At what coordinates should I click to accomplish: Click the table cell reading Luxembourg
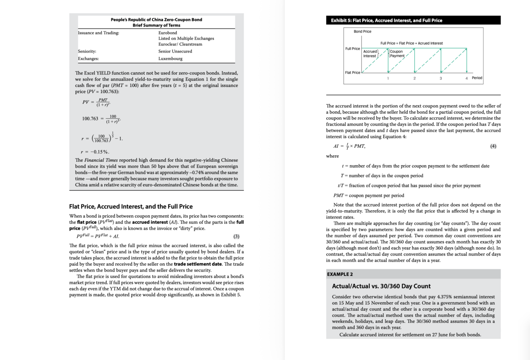pyautogui.click(x=170, y=59)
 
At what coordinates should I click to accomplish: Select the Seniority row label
pyautogui.click(x=87, y=51)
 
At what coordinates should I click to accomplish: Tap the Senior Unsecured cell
pyautogui.click(x=175, y=51)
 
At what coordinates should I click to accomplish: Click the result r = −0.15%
pyautogui.click(x=95, y=152)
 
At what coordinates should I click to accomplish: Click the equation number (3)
pyautogui.click(x=236, y=237)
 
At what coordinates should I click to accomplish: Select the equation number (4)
pyautogui.click(x=493, y=146)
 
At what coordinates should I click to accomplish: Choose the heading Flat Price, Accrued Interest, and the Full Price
pyautogui.click(x=131, y=206)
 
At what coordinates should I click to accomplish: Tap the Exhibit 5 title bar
pyautogui.click(x=413, y=20)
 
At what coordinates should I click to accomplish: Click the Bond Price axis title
pyautogui.click(x=362, y=31)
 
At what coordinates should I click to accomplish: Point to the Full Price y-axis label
pyautogui.click(x=352, y=49)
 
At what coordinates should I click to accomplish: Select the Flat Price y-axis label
pyautogui.click(x=352, y=73)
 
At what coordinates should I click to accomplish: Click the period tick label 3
pyautogui.click(x=441, y=78)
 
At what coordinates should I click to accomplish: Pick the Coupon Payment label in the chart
pyautogui.click(x=396, y=54)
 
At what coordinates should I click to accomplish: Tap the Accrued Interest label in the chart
pyautogui.click(x=370, y=54)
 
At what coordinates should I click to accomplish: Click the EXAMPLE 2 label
pyautogui.click(x=340, y=274)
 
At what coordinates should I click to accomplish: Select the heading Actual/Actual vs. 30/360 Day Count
pyautogui.click(x=381, y=286)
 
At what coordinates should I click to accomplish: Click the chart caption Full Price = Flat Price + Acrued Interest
pyautogui.click(x=411, y=43)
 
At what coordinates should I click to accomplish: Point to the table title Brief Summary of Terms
pyautogui.click(x=156, y=25)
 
